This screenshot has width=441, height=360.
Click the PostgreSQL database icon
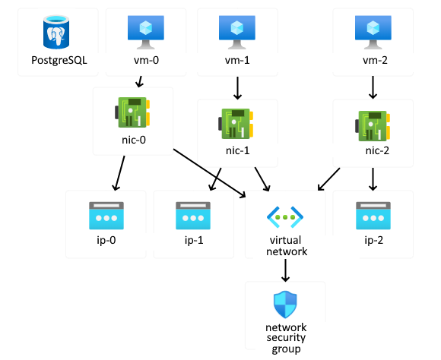56,32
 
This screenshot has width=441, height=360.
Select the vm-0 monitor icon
146,32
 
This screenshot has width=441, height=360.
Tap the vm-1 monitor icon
237,32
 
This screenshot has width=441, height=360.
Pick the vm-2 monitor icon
373,32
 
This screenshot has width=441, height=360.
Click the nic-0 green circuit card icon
132,112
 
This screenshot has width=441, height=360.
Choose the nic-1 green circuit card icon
236,124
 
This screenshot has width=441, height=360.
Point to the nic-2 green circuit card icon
373,125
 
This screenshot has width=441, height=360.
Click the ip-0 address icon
106,216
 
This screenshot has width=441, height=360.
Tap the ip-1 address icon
193,216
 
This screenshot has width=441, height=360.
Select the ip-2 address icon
373,216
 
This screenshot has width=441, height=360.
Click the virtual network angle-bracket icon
285,217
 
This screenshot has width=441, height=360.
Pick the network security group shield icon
285,305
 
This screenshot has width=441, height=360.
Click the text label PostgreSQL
59,61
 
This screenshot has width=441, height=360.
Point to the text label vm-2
375,60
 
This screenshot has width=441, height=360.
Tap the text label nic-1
238,150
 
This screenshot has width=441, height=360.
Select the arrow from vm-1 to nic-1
238,88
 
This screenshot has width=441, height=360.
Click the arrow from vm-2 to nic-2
373,87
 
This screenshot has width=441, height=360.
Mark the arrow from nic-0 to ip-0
120,173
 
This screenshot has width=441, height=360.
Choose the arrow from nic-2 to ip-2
373,179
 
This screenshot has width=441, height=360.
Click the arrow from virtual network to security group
285,270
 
